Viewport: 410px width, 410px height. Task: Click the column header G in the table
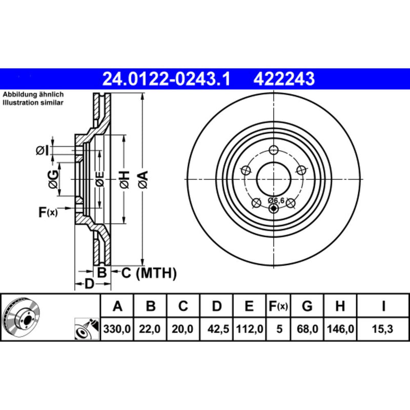coord(307,306)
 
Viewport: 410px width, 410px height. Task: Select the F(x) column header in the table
coord(279,306)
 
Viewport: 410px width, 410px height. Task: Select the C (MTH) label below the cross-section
coord(149,273)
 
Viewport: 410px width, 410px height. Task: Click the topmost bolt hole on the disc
coord(274,150)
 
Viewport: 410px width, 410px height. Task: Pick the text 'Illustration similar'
coord(33,103)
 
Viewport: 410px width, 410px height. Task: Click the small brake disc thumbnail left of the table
coord(23,317)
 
